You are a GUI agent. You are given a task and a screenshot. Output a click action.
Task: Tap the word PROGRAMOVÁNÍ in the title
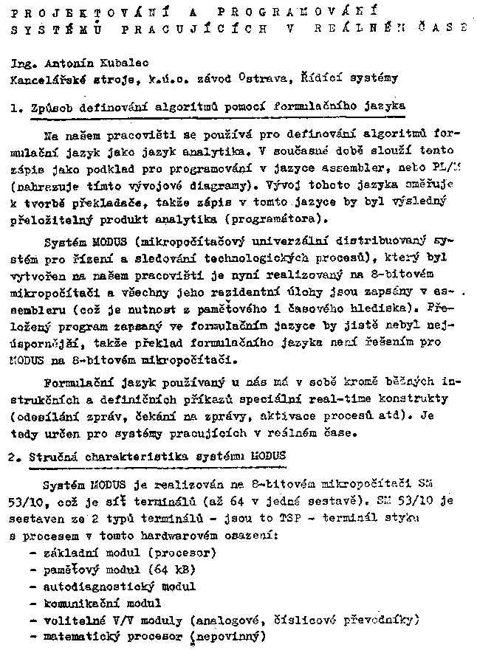(292, 13)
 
